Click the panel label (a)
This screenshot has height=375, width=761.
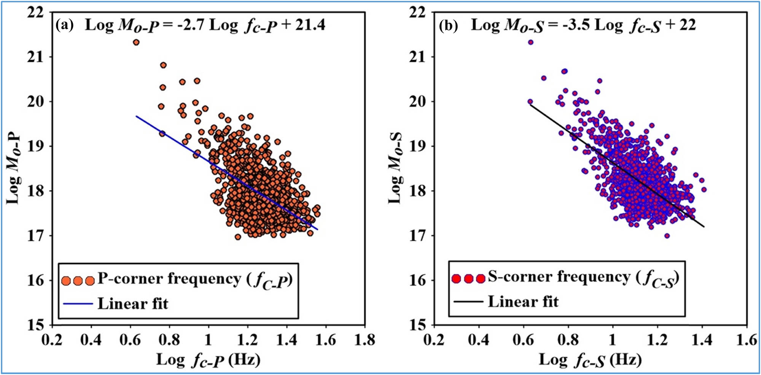click(65, 25)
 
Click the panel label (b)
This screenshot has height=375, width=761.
click(448, 25)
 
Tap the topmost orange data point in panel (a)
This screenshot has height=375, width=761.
click(136, 42)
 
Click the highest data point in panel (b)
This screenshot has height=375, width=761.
click(530, 42)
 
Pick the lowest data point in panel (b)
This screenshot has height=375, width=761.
click(667, 236)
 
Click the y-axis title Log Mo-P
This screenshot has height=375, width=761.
click(14, 169)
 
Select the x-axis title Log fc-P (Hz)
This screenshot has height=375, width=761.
click(208, 359)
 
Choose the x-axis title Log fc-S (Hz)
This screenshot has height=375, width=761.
click(590, 359)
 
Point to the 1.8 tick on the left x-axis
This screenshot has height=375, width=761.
click(365, 340)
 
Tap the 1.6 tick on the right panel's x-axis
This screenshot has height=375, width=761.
click(747, 340)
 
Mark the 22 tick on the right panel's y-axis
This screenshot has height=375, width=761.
click(417, 12)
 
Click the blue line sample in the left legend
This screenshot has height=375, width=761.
click(78, 303)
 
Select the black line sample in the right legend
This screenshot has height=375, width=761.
click(468, 302)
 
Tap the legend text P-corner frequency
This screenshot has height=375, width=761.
click(169, 279)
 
